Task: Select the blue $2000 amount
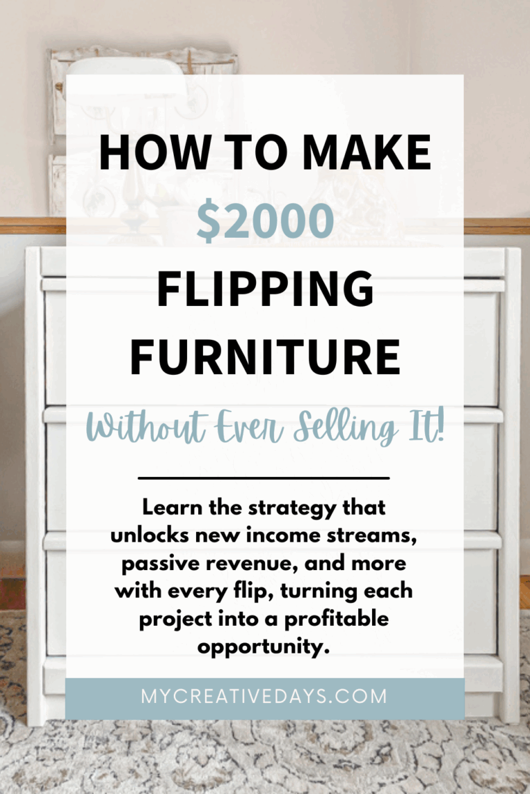[265, 222]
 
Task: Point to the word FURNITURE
[265, 356]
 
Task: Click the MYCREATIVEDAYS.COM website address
[264, 697]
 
